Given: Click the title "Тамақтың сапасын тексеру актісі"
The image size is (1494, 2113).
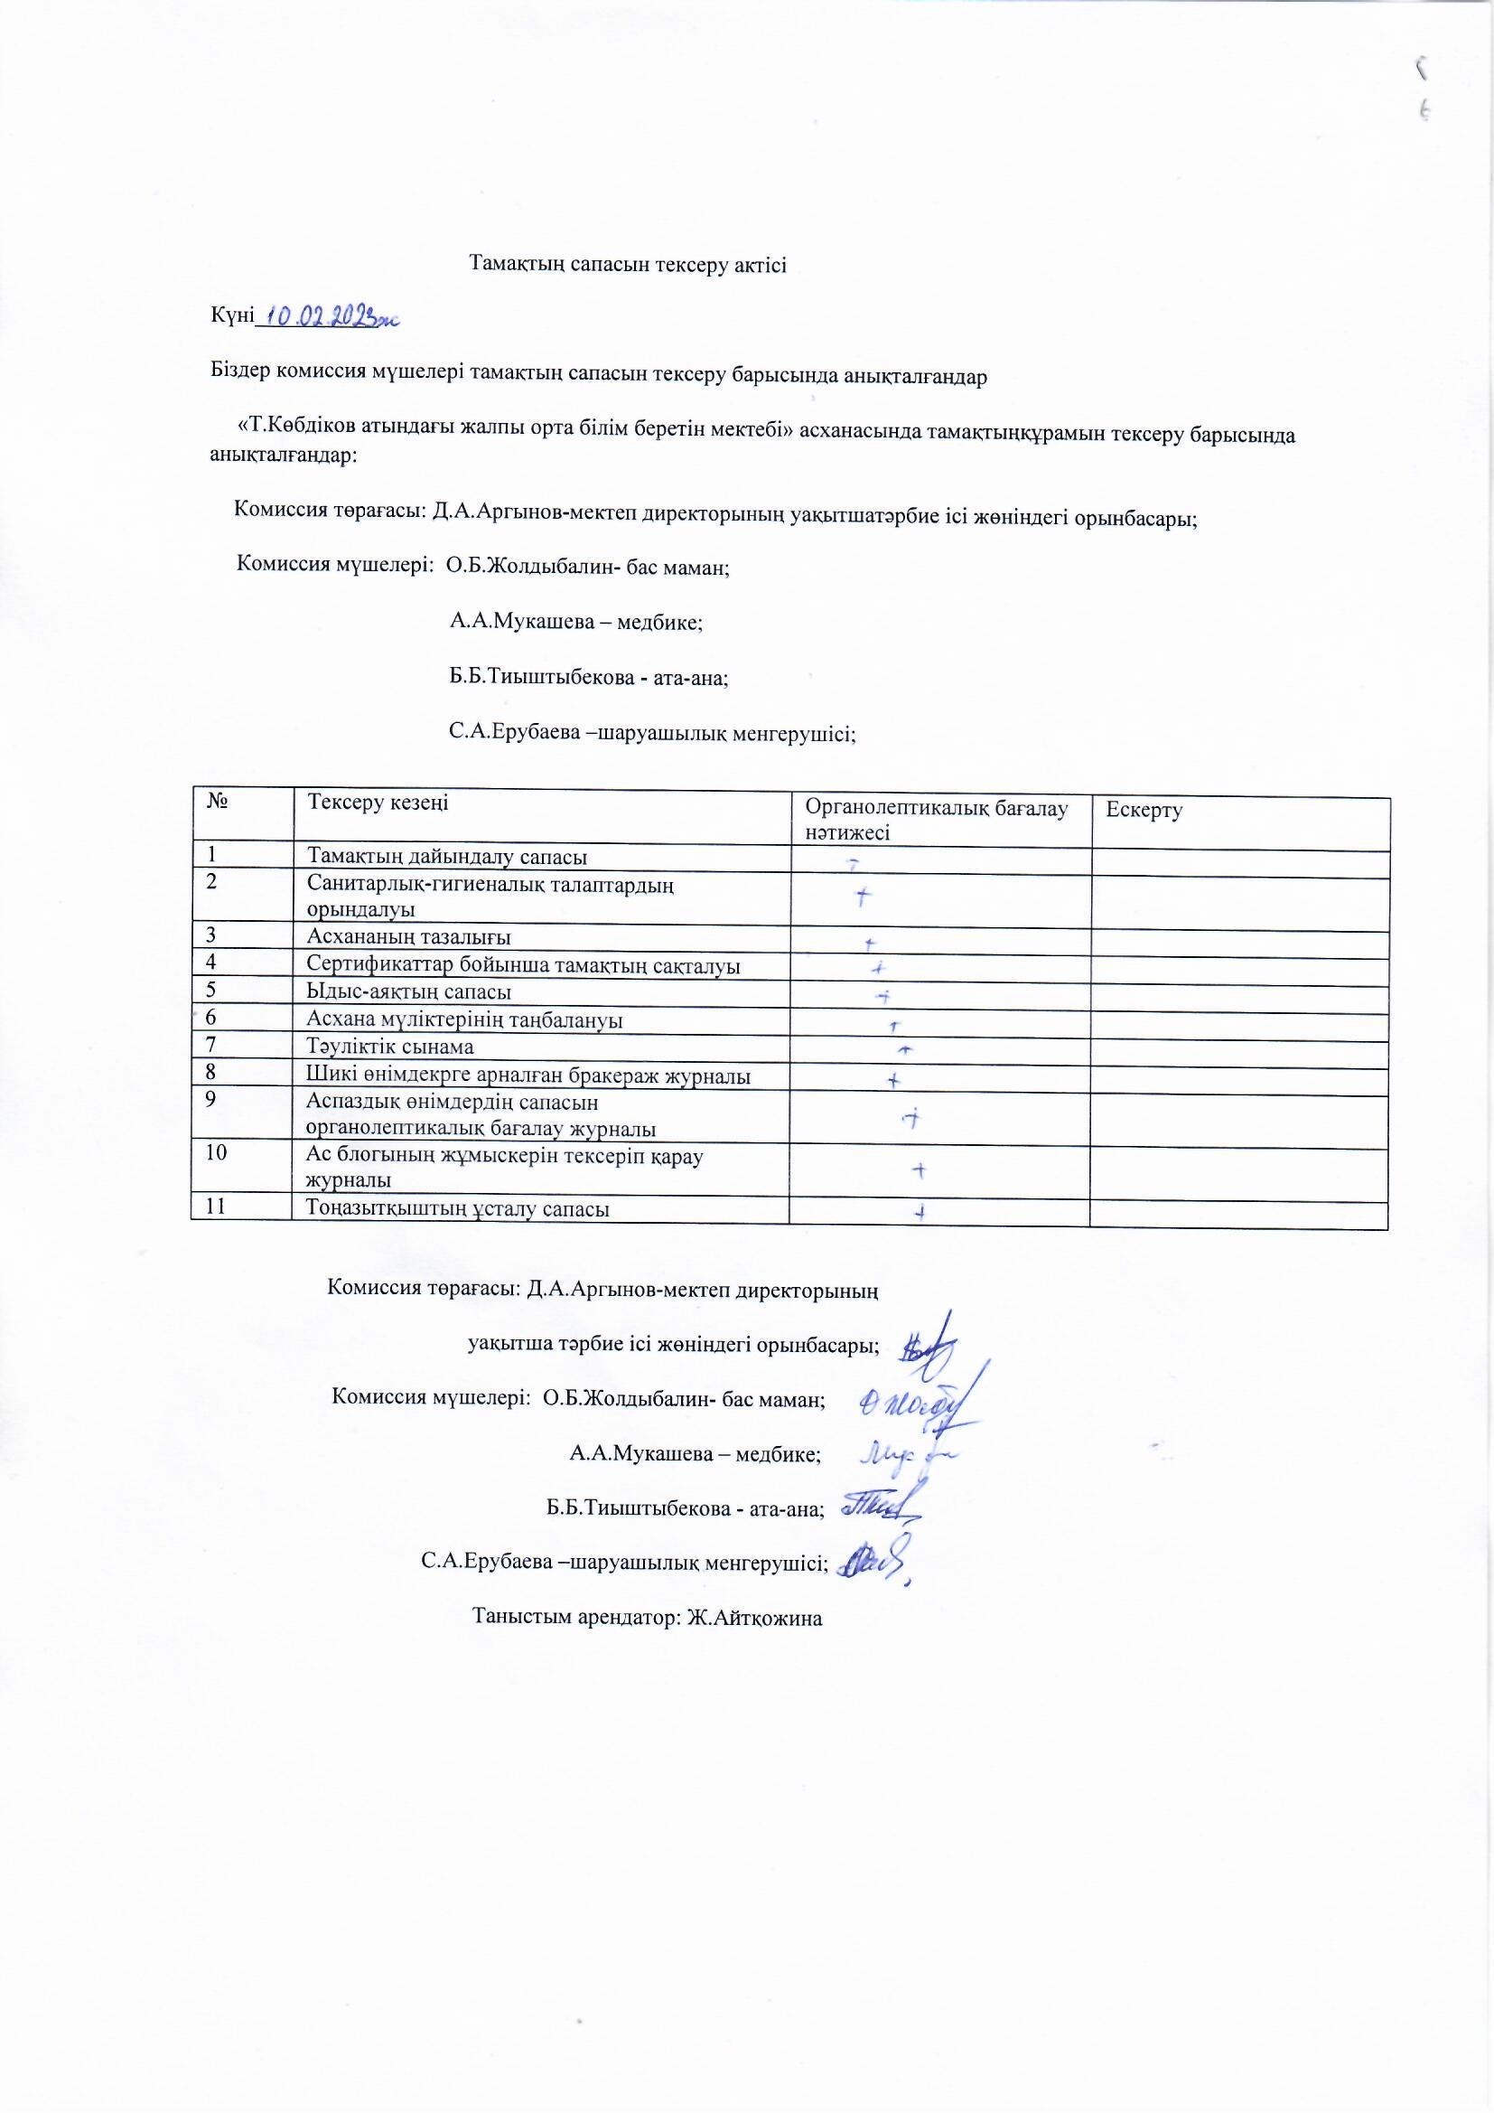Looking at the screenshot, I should click(629, 264).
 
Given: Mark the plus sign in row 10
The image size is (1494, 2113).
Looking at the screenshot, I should click(918, 1169).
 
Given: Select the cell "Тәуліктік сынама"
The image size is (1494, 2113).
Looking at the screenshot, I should click(392, 1047).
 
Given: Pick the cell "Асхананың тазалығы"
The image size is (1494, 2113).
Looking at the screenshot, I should click(409, 937).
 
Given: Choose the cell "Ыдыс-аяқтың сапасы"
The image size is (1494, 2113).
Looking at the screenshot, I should click(409, 992).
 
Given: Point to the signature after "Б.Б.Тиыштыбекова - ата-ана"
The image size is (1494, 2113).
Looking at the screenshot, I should click(879, 1505).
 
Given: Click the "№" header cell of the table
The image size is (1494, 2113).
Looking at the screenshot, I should click(218, 802).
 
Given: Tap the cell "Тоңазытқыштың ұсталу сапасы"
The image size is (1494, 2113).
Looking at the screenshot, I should click(458, 1209).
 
